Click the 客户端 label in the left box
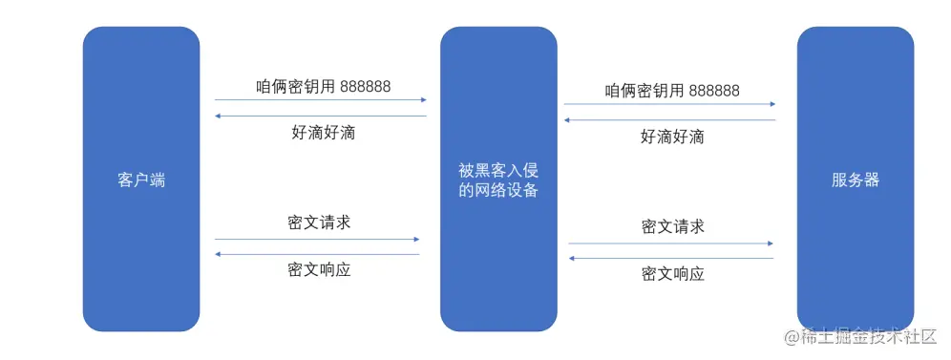[141, 180]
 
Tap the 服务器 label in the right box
[855, 180]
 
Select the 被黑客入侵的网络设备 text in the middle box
[498, 180]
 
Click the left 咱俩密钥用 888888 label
[323, 86]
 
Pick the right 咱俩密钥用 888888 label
[672, 91]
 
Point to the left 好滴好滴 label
[323, 133]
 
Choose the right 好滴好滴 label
[672, 137]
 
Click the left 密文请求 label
[319, 222]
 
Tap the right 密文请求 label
[672, 226]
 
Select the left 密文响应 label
[319, 269]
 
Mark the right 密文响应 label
[672, 274]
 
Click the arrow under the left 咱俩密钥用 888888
[320, 99]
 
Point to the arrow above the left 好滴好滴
[320, 116]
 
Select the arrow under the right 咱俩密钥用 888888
[668, 104]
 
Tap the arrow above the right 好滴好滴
[668, 120]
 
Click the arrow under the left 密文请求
[317, 239]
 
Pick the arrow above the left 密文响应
[317, 254]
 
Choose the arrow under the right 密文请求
[670, 244]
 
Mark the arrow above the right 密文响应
[670, 258]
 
